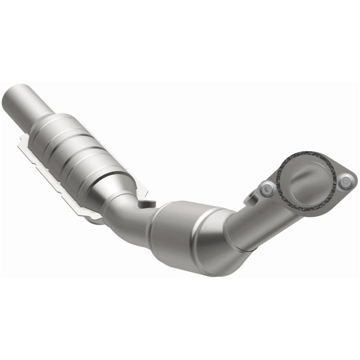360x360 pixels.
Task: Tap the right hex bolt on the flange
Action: [x=346, y=182]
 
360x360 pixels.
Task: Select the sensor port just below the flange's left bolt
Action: [x=250, y=197]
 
